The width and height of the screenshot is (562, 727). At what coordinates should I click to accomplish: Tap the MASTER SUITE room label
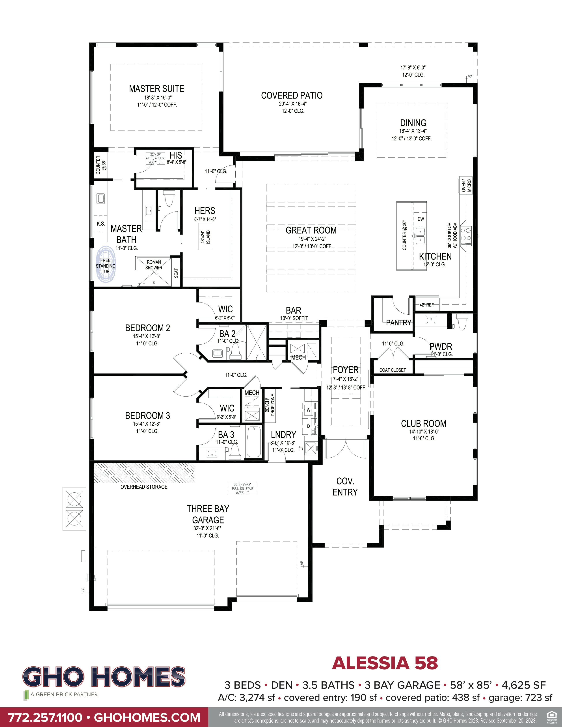point(156,89)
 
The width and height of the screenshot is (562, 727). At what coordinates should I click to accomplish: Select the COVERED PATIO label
point(292,96)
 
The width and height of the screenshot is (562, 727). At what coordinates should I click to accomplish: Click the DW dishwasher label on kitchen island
point(421,219)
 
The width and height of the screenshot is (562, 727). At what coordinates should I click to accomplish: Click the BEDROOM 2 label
point(147,328)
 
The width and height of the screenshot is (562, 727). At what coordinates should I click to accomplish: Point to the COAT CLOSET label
point(393,370)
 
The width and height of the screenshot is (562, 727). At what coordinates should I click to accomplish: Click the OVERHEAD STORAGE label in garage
point(144,487)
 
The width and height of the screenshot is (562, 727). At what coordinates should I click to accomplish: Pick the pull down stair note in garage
point(242,489)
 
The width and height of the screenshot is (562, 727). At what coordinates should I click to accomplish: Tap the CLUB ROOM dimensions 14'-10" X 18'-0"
point(424,431)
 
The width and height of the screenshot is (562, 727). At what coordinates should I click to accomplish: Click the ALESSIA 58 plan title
point(385,663)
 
